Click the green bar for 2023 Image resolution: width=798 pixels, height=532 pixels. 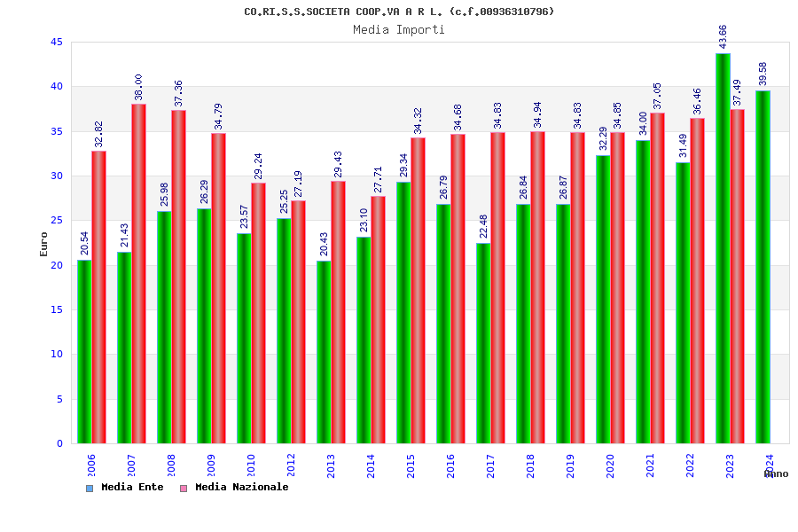pyautogui.click(x=723, y=248)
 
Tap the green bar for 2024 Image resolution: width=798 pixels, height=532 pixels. pyautogui.click(x=763, y=267)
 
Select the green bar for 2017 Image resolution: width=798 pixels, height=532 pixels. pyautogui.click(x=483, y=343)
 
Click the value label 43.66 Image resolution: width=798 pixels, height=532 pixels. pyautogui.click(x=723, y=36)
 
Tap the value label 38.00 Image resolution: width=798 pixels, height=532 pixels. pyautogui.click(x=138, y=87)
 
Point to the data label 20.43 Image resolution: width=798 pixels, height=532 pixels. pyautogui.click(x=324, y=244)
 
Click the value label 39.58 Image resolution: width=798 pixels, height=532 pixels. pyautogui.click(x=763, y=74)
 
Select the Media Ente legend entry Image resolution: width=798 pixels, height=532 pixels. pyautogui.click(x=125, y=487)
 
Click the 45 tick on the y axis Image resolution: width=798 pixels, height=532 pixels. pyautogui.click(x=57, y=42)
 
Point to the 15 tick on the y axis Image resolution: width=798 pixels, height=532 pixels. pyautogui.click(x=57, y=309)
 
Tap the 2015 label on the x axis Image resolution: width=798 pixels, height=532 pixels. pyautogui.click(x=411, y=466)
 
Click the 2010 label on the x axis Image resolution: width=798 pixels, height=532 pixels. pyautogui.click(x=251, y=466)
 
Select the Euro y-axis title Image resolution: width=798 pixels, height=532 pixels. pyautogui.click(x=44, y=244)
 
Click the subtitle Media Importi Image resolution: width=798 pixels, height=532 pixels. pyautogui.click(x=399, y=29)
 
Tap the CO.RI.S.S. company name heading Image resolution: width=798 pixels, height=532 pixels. pyautogui.click(x=399, y=12)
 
